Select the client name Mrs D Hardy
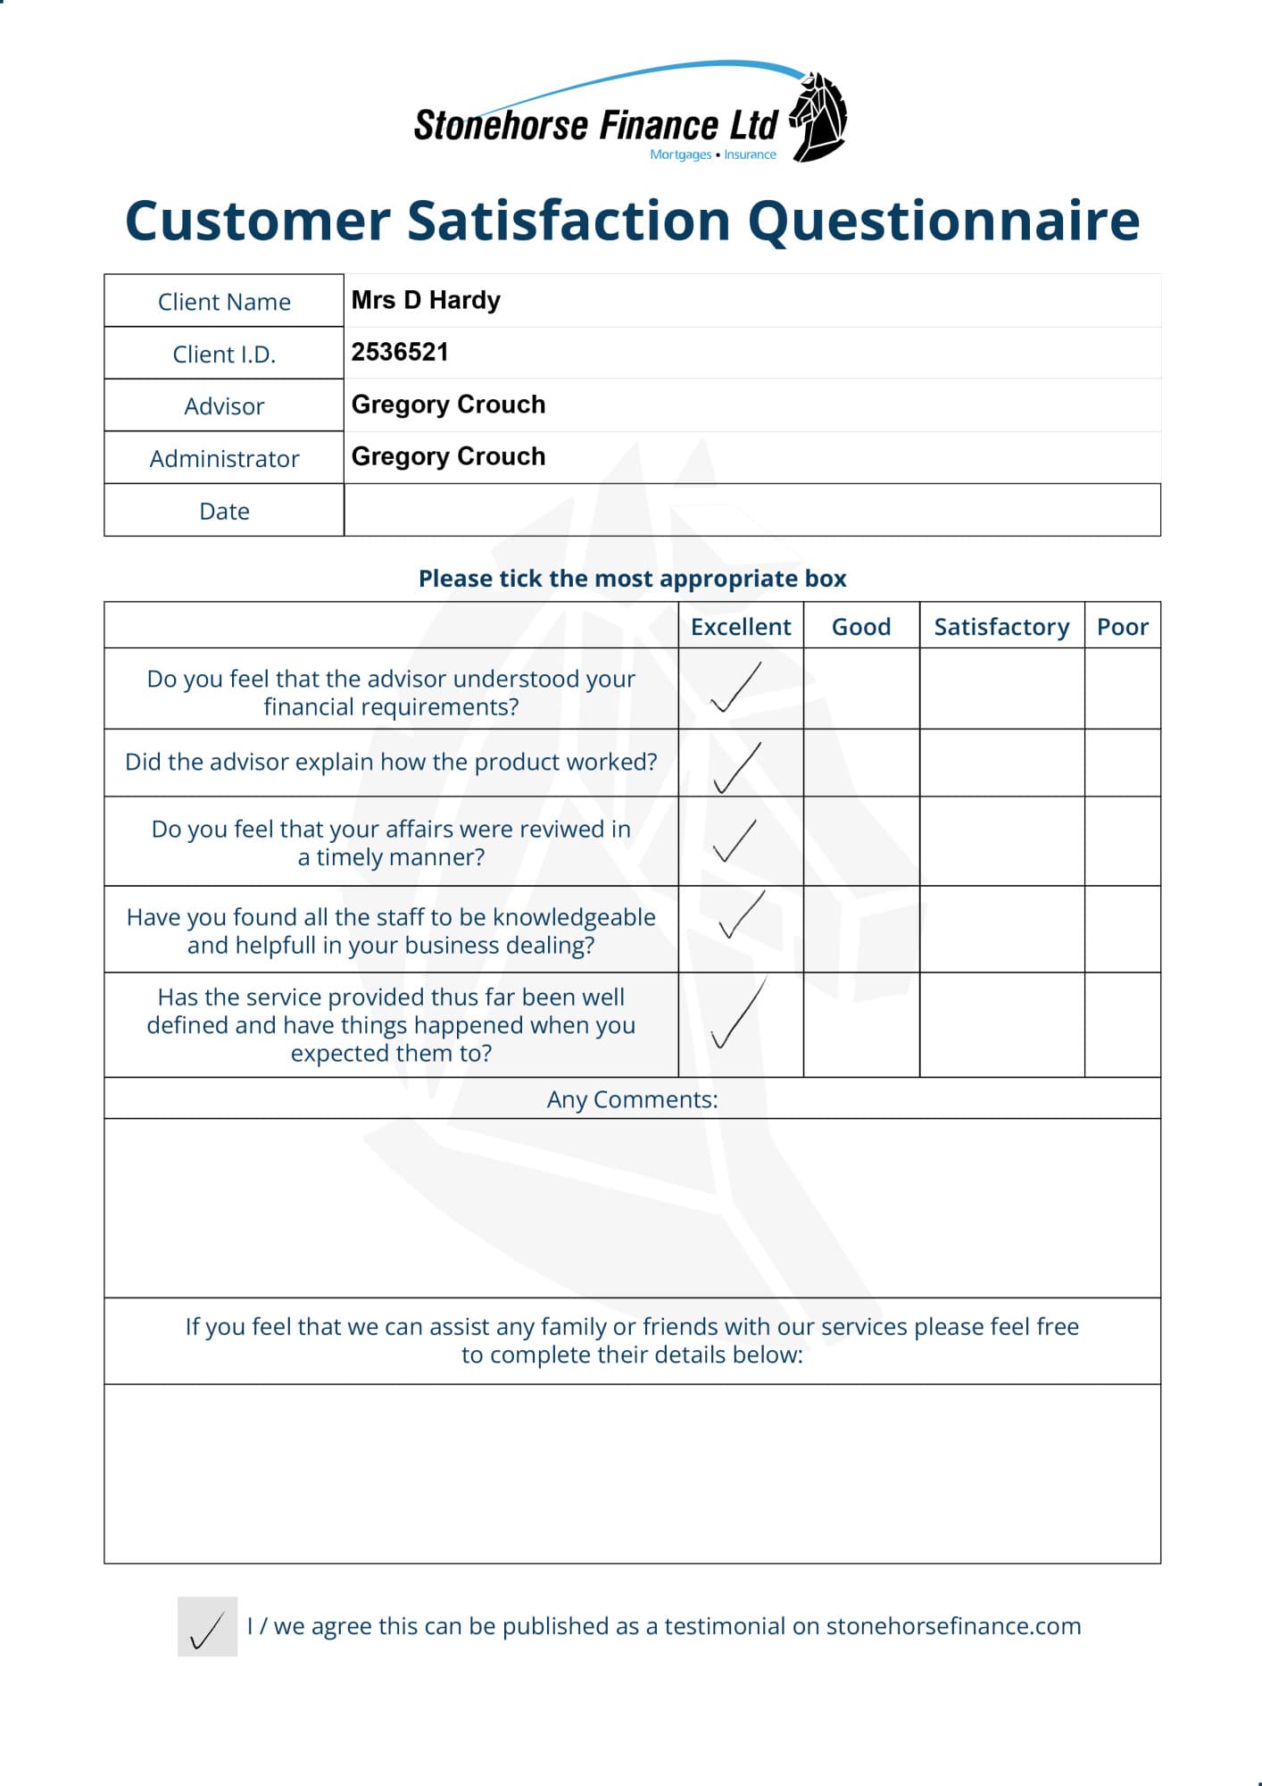426,300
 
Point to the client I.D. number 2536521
400,352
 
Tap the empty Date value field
751,510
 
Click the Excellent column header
741,626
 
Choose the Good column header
861,626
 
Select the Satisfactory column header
1001,626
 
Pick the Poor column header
1122,626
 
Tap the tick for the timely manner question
735,840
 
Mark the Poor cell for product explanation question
1122,763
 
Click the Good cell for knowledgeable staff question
861,929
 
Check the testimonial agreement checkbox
207,1626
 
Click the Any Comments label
632,1098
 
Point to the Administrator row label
224,458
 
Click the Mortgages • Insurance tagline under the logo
713,154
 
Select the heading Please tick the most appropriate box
632,579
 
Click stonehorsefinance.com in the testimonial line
953,1625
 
